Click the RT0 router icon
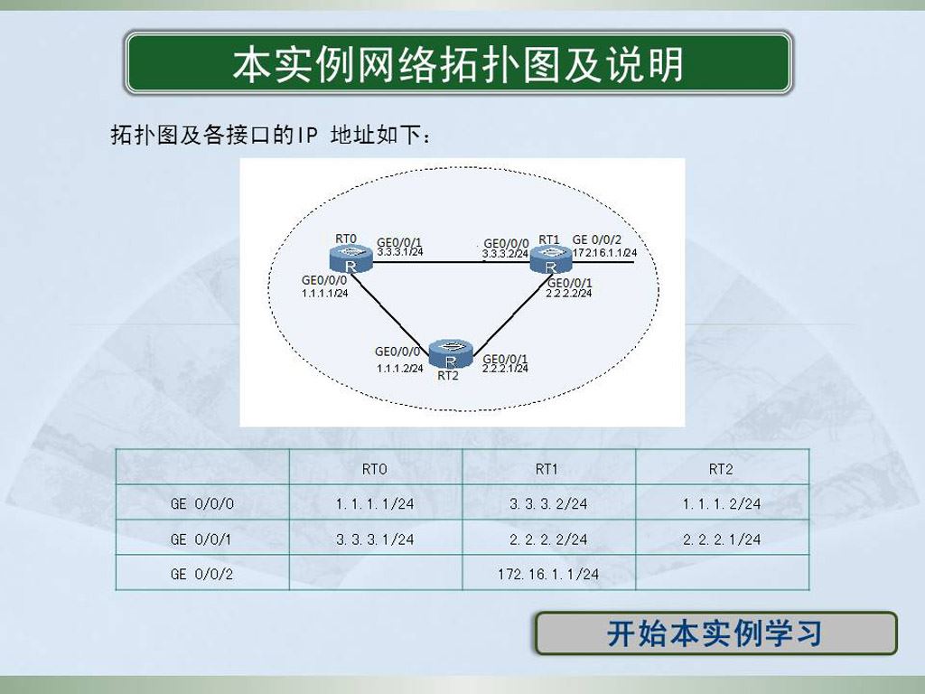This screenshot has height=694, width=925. click(351, 259)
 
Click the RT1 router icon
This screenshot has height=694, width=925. click(550, 259)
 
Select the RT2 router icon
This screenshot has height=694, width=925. click(451, 354)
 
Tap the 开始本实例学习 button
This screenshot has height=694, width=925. click(715, 633)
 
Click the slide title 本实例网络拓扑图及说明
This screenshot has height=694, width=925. click(458, 64)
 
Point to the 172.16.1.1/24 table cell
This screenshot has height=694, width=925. click(548, 574)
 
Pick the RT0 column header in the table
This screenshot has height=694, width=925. click(375, 469)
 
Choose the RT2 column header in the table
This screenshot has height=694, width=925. click(721, 469)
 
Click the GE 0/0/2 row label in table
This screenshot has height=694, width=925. click(201, 574)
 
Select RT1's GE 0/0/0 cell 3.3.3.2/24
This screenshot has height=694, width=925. click(548, 503)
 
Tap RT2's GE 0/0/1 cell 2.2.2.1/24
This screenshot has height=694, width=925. click(722, 539)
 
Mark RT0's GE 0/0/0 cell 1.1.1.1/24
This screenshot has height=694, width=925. click(375, 503)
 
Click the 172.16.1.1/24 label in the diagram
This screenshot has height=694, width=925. click(604, 253)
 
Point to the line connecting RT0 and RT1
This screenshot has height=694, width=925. click(451, 261)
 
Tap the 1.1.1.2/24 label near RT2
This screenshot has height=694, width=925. click(400, 369)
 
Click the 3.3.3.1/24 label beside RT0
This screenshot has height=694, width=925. click(400, 252)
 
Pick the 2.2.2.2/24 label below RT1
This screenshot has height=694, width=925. click(569, 294)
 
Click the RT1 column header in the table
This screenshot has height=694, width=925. click(547, 469)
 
